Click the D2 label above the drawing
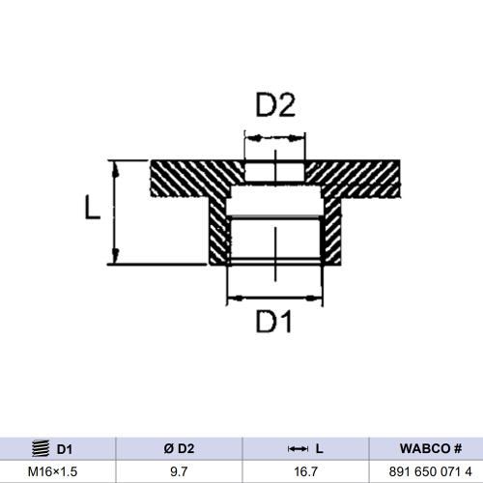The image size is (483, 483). coord(274,104)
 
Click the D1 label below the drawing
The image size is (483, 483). coord(274,322)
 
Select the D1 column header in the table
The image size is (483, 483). coord(65,448)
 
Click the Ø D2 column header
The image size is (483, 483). coord(180,448)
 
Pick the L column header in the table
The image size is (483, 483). coord(318,448)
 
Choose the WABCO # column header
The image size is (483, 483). coord(431,448)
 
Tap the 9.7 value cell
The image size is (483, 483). coord(180,471)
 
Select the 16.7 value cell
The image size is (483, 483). coord(305,471)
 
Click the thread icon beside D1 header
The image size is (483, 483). coord(40,448)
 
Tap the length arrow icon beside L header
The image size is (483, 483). coord(298,448)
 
